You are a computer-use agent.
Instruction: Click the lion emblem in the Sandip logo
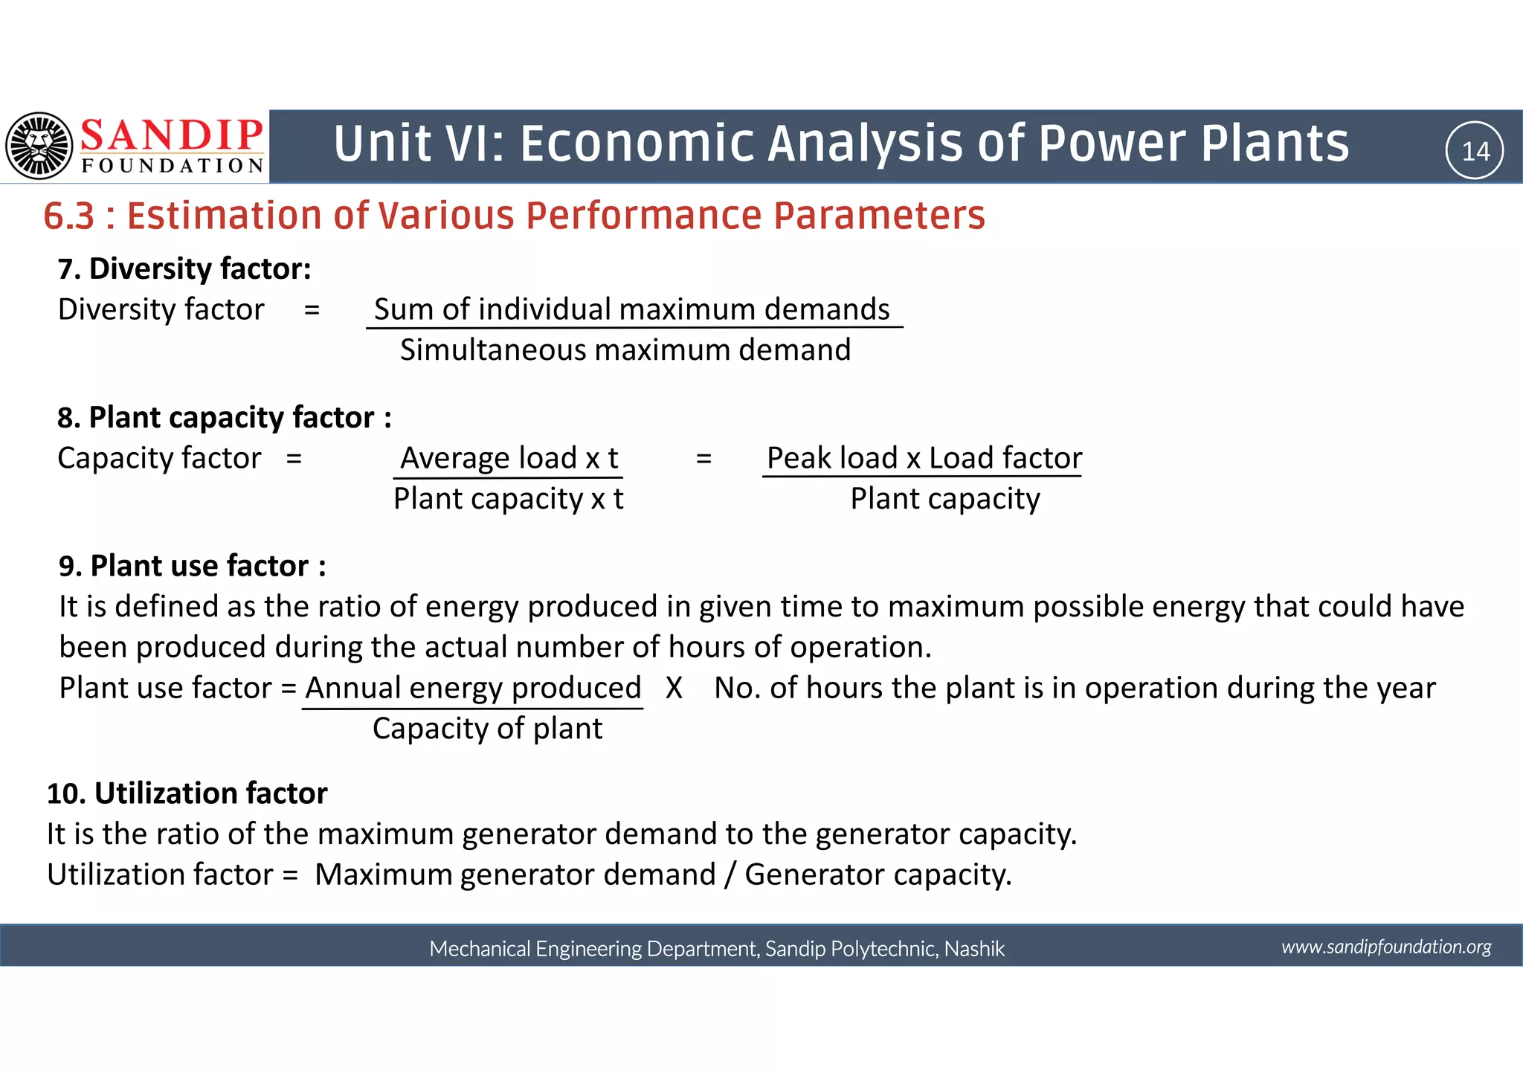tap(39, 146)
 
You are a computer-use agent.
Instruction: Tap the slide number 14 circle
tap(1474, 151)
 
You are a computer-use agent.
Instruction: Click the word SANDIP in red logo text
tap(171, 135)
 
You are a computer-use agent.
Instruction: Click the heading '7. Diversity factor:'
tap(184, 269)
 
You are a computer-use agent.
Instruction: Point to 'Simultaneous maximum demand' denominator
tap(625, 350)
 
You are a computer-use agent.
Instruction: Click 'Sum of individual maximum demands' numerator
tap(631, 309)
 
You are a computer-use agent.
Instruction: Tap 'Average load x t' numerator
tap(509, 458)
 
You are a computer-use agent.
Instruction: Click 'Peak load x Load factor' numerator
tap(924, 458)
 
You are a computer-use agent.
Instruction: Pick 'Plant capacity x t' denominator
tap(508, 499)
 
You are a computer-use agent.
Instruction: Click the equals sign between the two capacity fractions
tap(703, 459)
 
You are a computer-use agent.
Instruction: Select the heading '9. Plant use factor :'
tap(192, 567)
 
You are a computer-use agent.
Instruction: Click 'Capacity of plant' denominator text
tap(487, 729)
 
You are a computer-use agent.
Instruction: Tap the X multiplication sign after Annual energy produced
tap(674, 689)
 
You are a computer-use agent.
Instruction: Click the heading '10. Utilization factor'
tap(187, 793)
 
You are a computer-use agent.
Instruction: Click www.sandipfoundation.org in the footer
tap(1386, 947)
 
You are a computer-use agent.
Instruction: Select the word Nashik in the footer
tap(974, 949)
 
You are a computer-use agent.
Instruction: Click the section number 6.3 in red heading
tap(69, 216)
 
